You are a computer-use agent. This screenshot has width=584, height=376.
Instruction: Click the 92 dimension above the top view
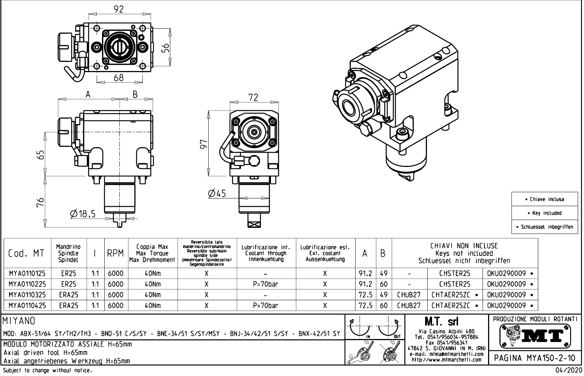[119, 9]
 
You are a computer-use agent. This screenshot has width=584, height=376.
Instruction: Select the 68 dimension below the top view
[119, 78]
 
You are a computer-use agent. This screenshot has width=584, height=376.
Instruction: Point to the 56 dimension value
[165, 48]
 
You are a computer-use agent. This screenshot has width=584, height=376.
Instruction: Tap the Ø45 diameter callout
[217, 193]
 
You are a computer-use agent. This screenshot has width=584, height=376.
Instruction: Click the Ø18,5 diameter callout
[82, 213]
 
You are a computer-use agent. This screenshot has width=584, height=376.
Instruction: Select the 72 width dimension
[253, 97]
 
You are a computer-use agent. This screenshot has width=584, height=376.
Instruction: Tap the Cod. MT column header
[26, 253]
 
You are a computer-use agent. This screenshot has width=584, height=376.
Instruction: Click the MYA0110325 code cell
[27, 295]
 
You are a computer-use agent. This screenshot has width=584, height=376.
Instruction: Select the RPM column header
[115, 253]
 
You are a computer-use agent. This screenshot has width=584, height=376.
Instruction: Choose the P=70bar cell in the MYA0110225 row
[265, 284]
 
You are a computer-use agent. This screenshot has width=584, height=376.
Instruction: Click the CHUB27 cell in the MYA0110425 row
[409, 305]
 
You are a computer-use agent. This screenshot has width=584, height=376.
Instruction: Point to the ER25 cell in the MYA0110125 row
[68, 273]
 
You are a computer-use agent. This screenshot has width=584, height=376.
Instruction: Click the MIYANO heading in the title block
[19, 321]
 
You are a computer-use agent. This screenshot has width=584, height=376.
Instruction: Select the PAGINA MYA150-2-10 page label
[535, 358]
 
